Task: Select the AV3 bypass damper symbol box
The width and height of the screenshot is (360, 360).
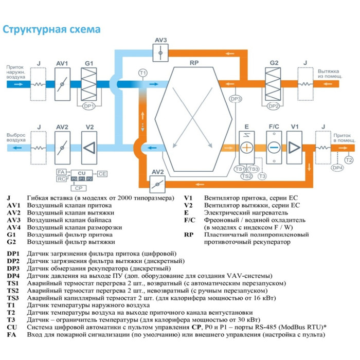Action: point(161,52)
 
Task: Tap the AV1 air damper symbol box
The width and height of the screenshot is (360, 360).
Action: point(62,83)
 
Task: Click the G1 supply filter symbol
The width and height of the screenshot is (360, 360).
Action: point(89,83)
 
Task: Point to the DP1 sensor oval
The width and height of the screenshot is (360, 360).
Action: point(89,106)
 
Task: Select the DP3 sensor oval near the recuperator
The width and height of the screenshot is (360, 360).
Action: point(236,98)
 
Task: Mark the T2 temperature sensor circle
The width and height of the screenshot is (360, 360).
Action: point(349,161)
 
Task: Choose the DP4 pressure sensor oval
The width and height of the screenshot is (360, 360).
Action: point(337,167)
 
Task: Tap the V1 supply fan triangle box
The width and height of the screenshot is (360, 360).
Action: point(295,147)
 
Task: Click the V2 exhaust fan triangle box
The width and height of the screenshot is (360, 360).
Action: point(89,147)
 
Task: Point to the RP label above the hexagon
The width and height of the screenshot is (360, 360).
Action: point(194,63)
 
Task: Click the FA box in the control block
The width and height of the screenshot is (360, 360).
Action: point(61,171)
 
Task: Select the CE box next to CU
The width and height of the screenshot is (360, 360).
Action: point(102,174)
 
